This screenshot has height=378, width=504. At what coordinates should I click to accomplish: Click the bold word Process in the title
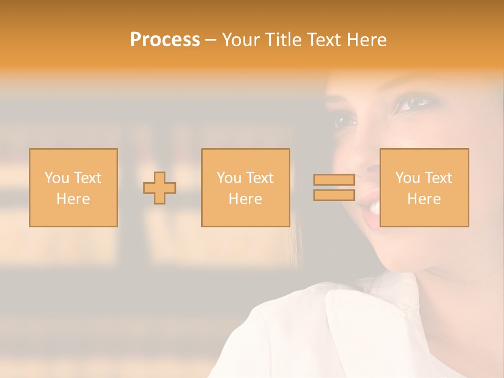(165, 40)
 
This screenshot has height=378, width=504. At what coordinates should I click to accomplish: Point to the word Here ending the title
(367, 40)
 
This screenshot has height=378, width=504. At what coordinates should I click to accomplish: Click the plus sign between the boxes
(160, 188)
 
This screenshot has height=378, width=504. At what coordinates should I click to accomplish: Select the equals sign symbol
(334, 187)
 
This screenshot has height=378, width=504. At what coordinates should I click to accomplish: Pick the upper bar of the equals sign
(334, 180)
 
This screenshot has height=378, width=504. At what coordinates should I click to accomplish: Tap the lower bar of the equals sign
(334, 195)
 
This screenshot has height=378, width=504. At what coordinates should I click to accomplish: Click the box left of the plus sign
(73, 187)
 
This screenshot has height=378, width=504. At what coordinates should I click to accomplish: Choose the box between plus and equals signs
(246, 187)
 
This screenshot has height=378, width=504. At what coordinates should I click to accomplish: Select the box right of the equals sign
(424, 187)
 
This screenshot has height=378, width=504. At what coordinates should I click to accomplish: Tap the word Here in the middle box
(246, 199)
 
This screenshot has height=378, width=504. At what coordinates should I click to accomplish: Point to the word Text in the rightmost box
(438, 177)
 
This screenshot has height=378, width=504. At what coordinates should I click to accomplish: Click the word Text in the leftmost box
(87, 177)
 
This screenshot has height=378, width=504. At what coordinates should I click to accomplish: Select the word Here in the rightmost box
(424, 199)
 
